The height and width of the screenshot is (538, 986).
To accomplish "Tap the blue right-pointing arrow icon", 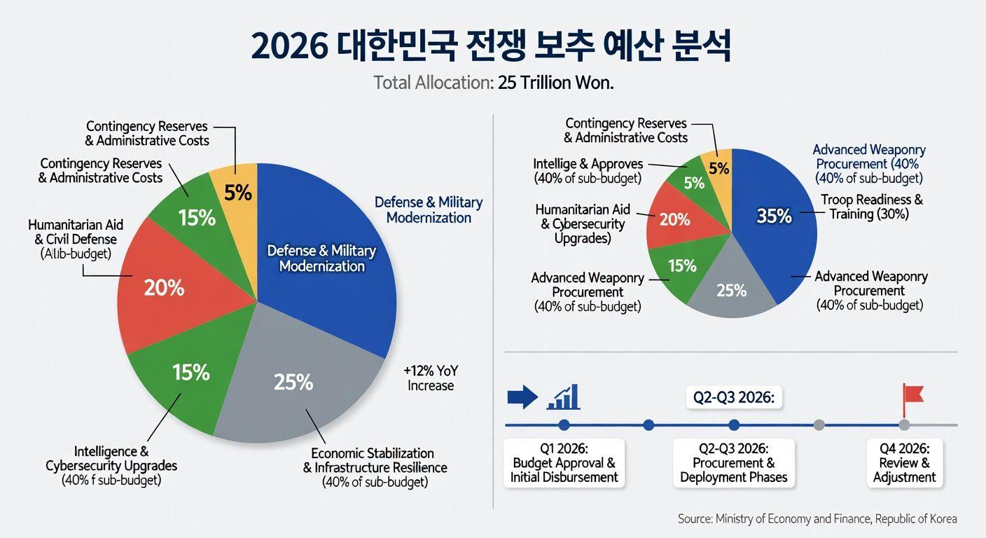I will point(522,397).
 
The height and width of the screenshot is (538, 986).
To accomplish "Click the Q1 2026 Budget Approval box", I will point(564,463).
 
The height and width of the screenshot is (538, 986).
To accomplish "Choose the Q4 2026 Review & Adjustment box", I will point(904,463).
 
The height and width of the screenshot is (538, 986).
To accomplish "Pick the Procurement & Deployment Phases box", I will point(733,463).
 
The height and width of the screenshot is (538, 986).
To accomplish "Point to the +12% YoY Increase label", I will point(431,378).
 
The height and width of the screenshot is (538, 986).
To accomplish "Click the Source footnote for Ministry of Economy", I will point(817,519).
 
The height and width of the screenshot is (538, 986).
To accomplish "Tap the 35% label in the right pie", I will point(774,216).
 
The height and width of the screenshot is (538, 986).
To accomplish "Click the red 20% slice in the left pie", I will point(168,287).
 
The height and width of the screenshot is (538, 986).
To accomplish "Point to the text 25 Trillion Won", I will point(555,83).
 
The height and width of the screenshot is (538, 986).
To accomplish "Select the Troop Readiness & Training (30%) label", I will point(871,207).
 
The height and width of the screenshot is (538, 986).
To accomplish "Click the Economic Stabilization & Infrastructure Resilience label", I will point(375,467).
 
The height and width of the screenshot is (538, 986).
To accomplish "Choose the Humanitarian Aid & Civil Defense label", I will point(76,239).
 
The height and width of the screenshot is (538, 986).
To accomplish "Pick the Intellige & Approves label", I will point(588,171).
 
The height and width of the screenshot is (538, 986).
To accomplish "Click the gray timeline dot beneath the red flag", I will point(904,425).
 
